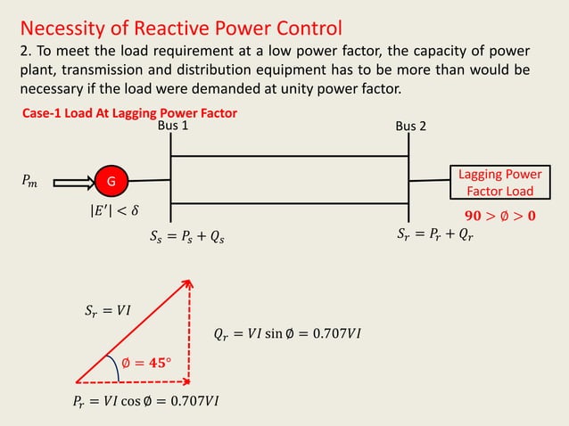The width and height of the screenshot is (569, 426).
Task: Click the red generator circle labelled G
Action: coord(111,182)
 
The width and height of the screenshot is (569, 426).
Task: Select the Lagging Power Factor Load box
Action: coord(500,182)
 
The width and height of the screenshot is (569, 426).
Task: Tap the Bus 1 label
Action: coord(173,127)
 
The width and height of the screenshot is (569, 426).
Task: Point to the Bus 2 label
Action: coord(410,127)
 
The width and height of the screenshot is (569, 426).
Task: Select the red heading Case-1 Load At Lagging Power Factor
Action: coord(129,114)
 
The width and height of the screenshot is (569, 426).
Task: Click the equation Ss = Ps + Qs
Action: coord(186,237)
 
